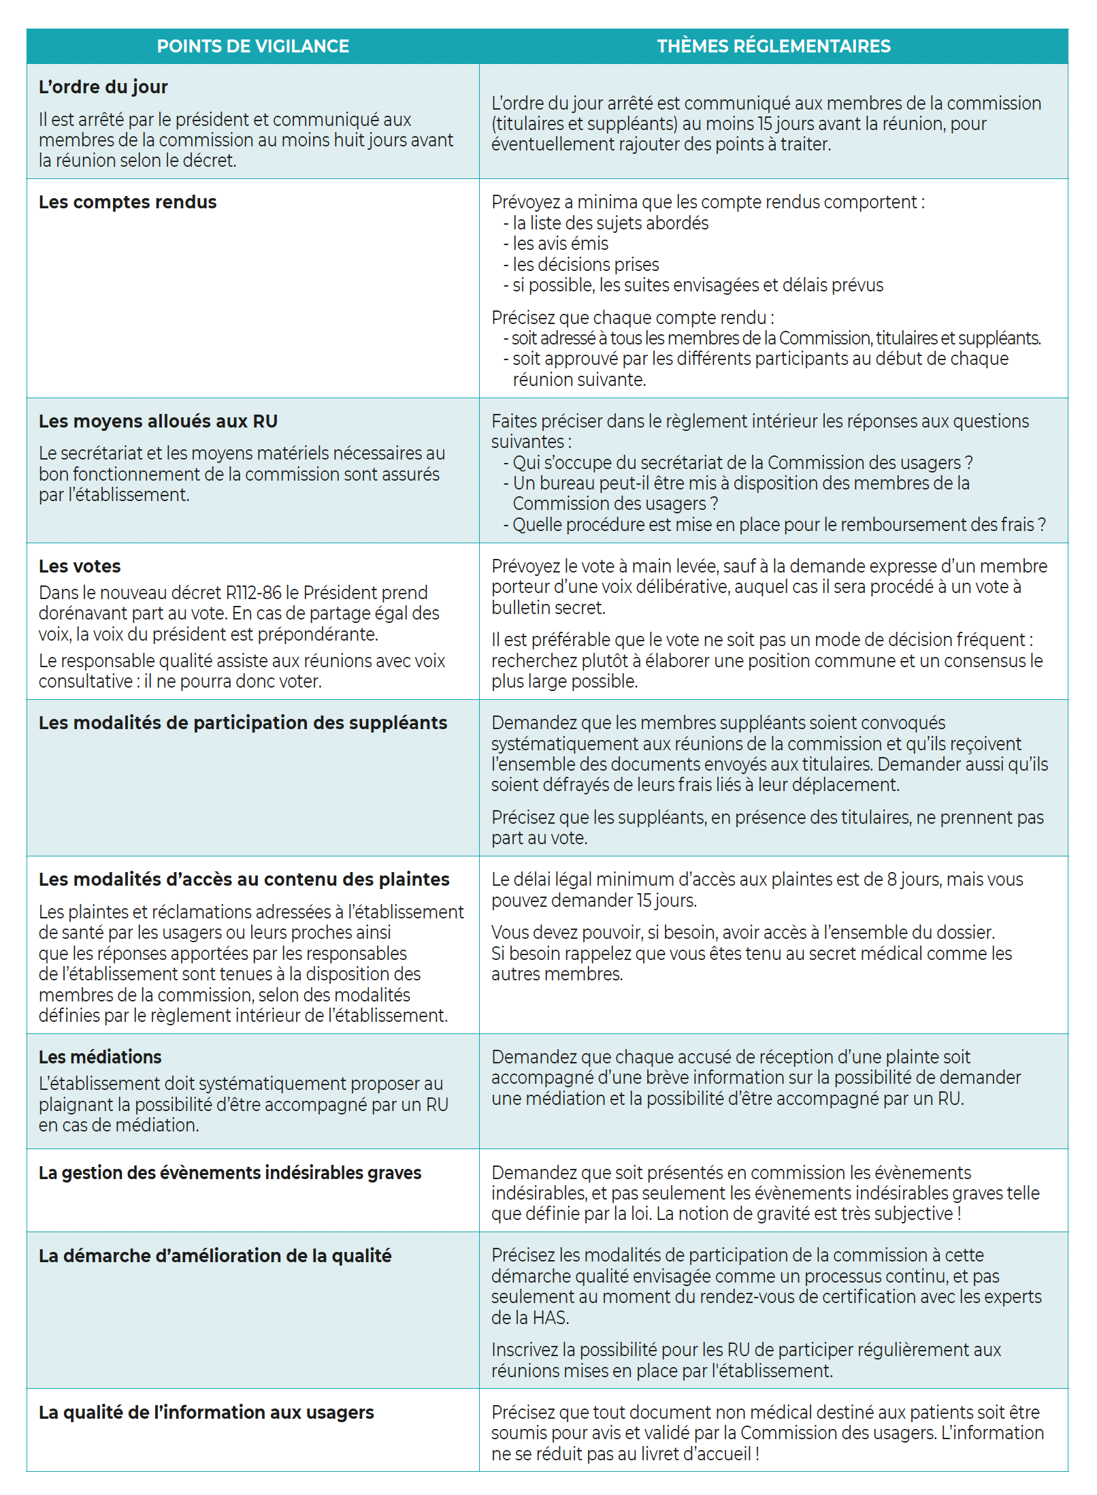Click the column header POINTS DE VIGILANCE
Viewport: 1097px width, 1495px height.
(252, 46)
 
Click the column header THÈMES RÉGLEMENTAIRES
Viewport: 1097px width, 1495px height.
(773, 46)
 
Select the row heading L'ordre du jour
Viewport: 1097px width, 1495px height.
(103, 87)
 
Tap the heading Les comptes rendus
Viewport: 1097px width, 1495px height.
(127, 202)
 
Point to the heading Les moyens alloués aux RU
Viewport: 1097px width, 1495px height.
(158, 421)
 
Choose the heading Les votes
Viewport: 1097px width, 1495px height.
(80, 566)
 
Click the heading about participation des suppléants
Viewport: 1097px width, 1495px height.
(242, 723)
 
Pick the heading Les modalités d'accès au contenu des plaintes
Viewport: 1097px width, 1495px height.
(244, 880)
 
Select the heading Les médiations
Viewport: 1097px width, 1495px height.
(100, 1057)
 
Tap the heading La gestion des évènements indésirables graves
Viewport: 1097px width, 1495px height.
(230, 1173)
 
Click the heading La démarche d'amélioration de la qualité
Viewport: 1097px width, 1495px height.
(215, 1256)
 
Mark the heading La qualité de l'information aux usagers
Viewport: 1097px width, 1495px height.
(206, 1413)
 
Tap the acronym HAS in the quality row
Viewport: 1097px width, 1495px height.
(550, 1318)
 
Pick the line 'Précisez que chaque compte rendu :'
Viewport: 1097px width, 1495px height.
(632, 318)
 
